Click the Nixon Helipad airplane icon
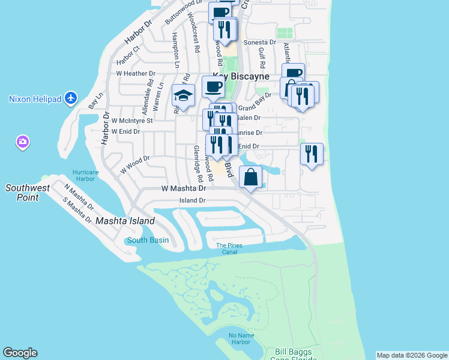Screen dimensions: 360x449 [71, 98]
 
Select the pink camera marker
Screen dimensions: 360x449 [22, 142]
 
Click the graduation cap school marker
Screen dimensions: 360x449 [183, 96]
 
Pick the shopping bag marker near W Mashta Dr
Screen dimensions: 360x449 [251, 177]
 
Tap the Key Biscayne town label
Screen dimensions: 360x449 [240, 77]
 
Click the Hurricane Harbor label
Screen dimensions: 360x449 [85, 175]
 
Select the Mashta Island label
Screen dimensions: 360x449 [125, 221]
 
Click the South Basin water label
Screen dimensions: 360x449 [148, 241]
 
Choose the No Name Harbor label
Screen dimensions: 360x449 [239, 338]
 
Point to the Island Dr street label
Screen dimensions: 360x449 [192, 200]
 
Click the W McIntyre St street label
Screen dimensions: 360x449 [132, 120]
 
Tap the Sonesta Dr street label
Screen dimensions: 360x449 [259, 43]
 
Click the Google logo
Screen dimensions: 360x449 [20, 353]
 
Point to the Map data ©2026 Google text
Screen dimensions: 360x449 [412, 355]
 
